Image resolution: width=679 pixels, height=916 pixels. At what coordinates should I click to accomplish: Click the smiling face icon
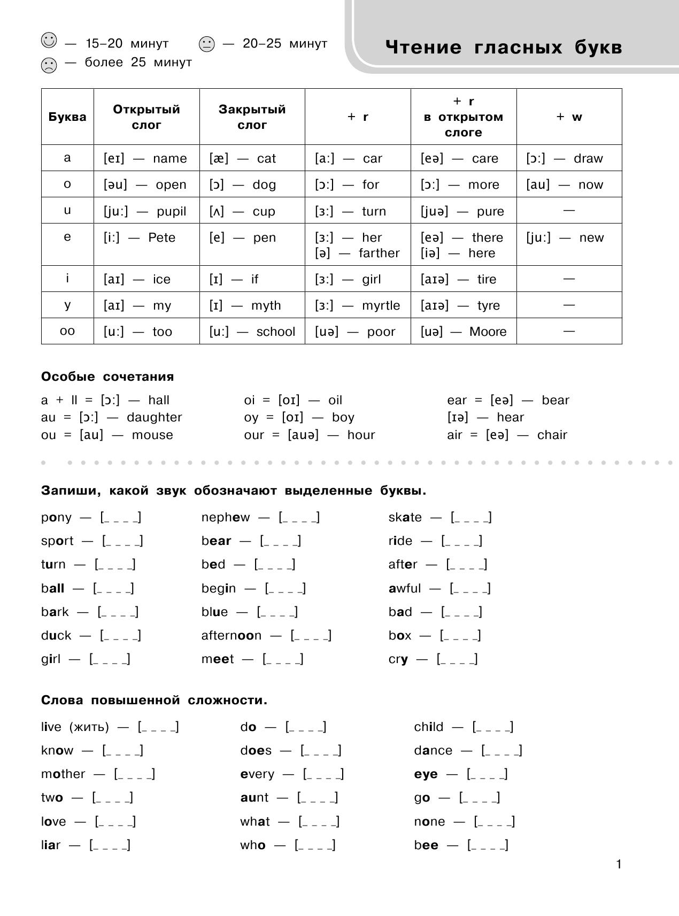(49, 41)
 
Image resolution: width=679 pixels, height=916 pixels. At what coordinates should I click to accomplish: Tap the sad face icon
(49, 65)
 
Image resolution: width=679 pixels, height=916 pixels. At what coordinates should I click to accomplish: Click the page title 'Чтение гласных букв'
(504, 48)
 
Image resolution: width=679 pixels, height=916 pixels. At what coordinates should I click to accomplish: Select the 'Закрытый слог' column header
(252, 117)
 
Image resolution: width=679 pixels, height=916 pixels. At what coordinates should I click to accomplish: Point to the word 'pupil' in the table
(171, 211)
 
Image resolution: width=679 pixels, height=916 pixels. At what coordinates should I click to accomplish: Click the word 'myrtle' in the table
(381, 305)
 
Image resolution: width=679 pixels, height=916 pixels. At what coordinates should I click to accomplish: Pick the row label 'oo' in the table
(67, 331)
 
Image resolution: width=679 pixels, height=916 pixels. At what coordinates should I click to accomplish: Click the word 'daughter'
(155, 417)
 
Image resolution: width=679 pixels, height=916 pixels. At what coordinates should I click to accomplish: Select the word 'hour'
(361, 435)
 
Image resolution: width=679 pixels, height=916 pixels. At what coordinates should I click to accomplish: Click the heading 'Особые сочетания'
(107, 376)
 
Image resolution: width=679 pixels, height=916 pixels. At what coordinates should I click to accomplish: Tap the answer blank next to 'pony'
(121, 517)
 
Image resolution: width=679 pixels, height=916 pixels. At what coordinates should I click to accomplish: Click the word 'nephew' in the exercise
(226, 517)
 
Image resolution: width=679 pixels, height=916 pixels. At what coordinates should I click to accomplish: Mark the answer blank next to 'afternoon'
(311, 635)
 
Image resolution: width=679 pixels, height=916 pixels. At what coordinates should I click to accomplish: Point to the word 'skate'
(405, 517)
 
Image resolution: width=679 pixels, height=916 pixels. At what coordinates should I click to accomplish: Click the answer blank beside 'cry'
(457, 659)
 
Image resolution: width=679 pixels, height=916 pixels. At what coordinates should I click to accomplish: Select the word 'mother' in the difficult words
(63, 774)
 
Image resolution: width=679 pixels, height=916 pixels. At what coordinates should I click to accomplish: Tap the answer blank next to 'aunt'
(318, 797)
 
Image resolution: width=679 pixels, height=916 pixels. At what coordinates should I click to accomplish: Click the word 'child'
(428, 727)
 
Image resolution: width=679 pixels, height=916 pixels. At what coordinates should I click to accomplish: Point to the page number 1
(619, 864)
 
